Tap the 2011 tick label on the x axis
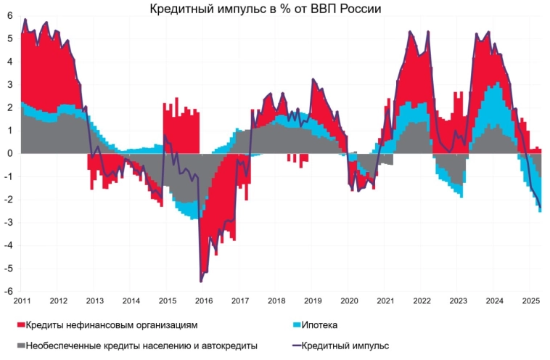tap(22, 300)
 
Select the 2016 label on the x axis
tap(203, 300)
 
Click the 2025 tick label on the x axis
tap(530, 300)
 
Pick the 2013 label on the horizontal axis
tap(94, 300)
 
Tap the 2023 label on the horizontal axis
tap(457, 300)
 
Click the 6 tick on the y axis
tap(10, 16)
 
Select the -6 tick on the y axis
tap(9, 291)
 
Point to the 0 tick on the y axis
tap(10, 154)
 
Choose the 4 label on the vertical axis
tap(10, 62)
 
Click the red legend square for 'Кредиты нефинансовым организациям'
tap(21, 324)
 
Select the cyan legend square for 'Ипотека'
tap(295, 324)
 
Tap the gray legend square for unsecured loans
tap(21, 345)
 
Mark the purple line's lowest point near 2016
tap(200, 281)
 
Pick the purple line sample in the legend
tap(295, 345)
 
